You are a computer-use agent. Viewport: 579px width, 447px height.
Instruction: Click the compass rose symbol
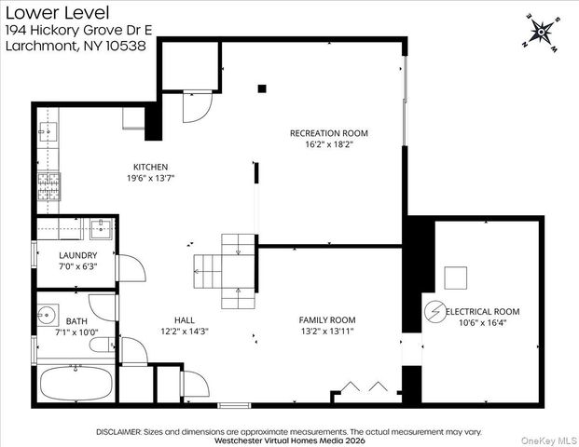coord(541,33)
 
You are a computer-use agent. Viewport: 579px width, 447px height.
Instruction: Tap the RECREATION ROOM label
coord(328,133)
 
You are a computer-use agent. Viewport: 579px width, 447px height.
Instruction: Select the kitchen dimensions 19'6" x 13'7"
coord(151,178)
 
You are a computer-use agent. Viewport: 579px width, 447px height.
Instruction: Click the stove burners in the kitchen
coord(48,186)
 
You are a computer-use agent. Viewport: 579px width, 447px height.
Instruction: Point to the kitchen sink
coord(48,132)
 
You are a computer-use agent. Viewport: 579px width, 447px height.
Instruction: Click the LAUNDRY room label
coord(78,255)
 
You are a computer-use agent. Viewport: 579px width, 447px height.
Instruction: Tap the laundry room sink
coord(102,229)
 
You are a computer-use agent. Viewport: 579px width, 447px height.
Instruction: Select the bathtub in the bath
coord(76,384)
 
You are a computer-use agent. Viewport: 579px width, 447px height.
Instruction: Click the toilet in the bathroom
coord(103,345)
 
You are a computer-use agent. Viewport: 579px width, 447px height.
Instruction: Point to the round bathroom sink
coord(47,315)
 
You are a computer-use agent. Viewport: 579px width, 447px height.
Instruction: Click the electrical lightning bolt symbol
coord(435,312)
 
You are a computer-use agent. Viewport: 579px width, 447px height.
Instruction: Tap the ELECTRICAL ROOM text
coord(483,312)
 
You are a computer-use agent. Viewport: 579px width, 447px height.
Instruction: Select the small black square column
coord(262,88)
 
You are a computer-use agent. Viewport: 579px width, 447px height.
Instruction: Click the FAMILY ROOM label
coord(327,320)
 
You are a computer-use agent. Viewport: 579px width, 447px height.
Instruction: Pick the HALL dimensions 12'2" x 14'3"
coord(185,332)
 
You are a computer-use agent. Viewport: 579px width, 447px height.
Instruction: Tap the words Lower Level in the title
coord(58,13)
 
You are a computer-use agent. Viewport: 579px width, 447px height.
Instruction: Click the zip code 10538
coord(126,46)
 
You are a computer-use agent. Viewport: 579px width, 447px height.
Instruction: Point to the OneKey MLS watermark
coord(548,440)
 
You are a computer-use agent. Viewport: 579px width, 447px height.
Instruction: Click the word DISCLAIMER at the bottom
coord(118,432)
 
